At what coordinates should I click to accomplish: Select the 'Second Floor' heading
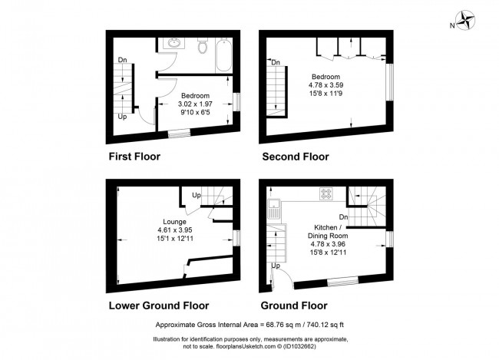(296, 157)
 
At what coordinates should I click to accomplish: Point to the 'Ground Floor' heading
(295, 305)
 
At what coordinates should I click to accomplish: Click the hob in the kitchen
(326, 194)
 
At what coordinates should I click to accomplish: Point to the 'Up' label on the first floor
(122, 117)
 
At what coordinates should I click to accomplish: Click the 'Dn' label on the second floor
(275, 62)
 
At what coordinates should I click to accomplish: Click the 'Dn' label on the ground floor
(344, 217)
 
